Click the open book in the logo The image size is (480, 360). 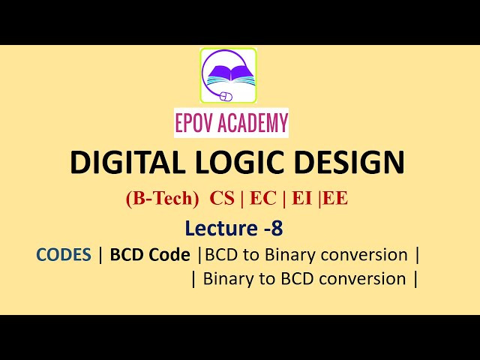[x=230, y=73]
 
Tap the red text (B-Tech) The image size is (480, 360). [x=163, y=199]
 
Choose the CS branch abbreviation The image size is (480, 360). [x=222, y=199]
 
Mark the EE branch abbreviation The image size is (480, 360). [x=335, y=199]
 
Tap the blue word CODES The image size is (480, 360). [x=64, y=255]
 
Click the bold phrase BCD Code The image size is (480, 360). [x=150, y=255]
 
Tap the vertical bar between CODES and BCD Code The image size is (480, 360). [x=100, y=255]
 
